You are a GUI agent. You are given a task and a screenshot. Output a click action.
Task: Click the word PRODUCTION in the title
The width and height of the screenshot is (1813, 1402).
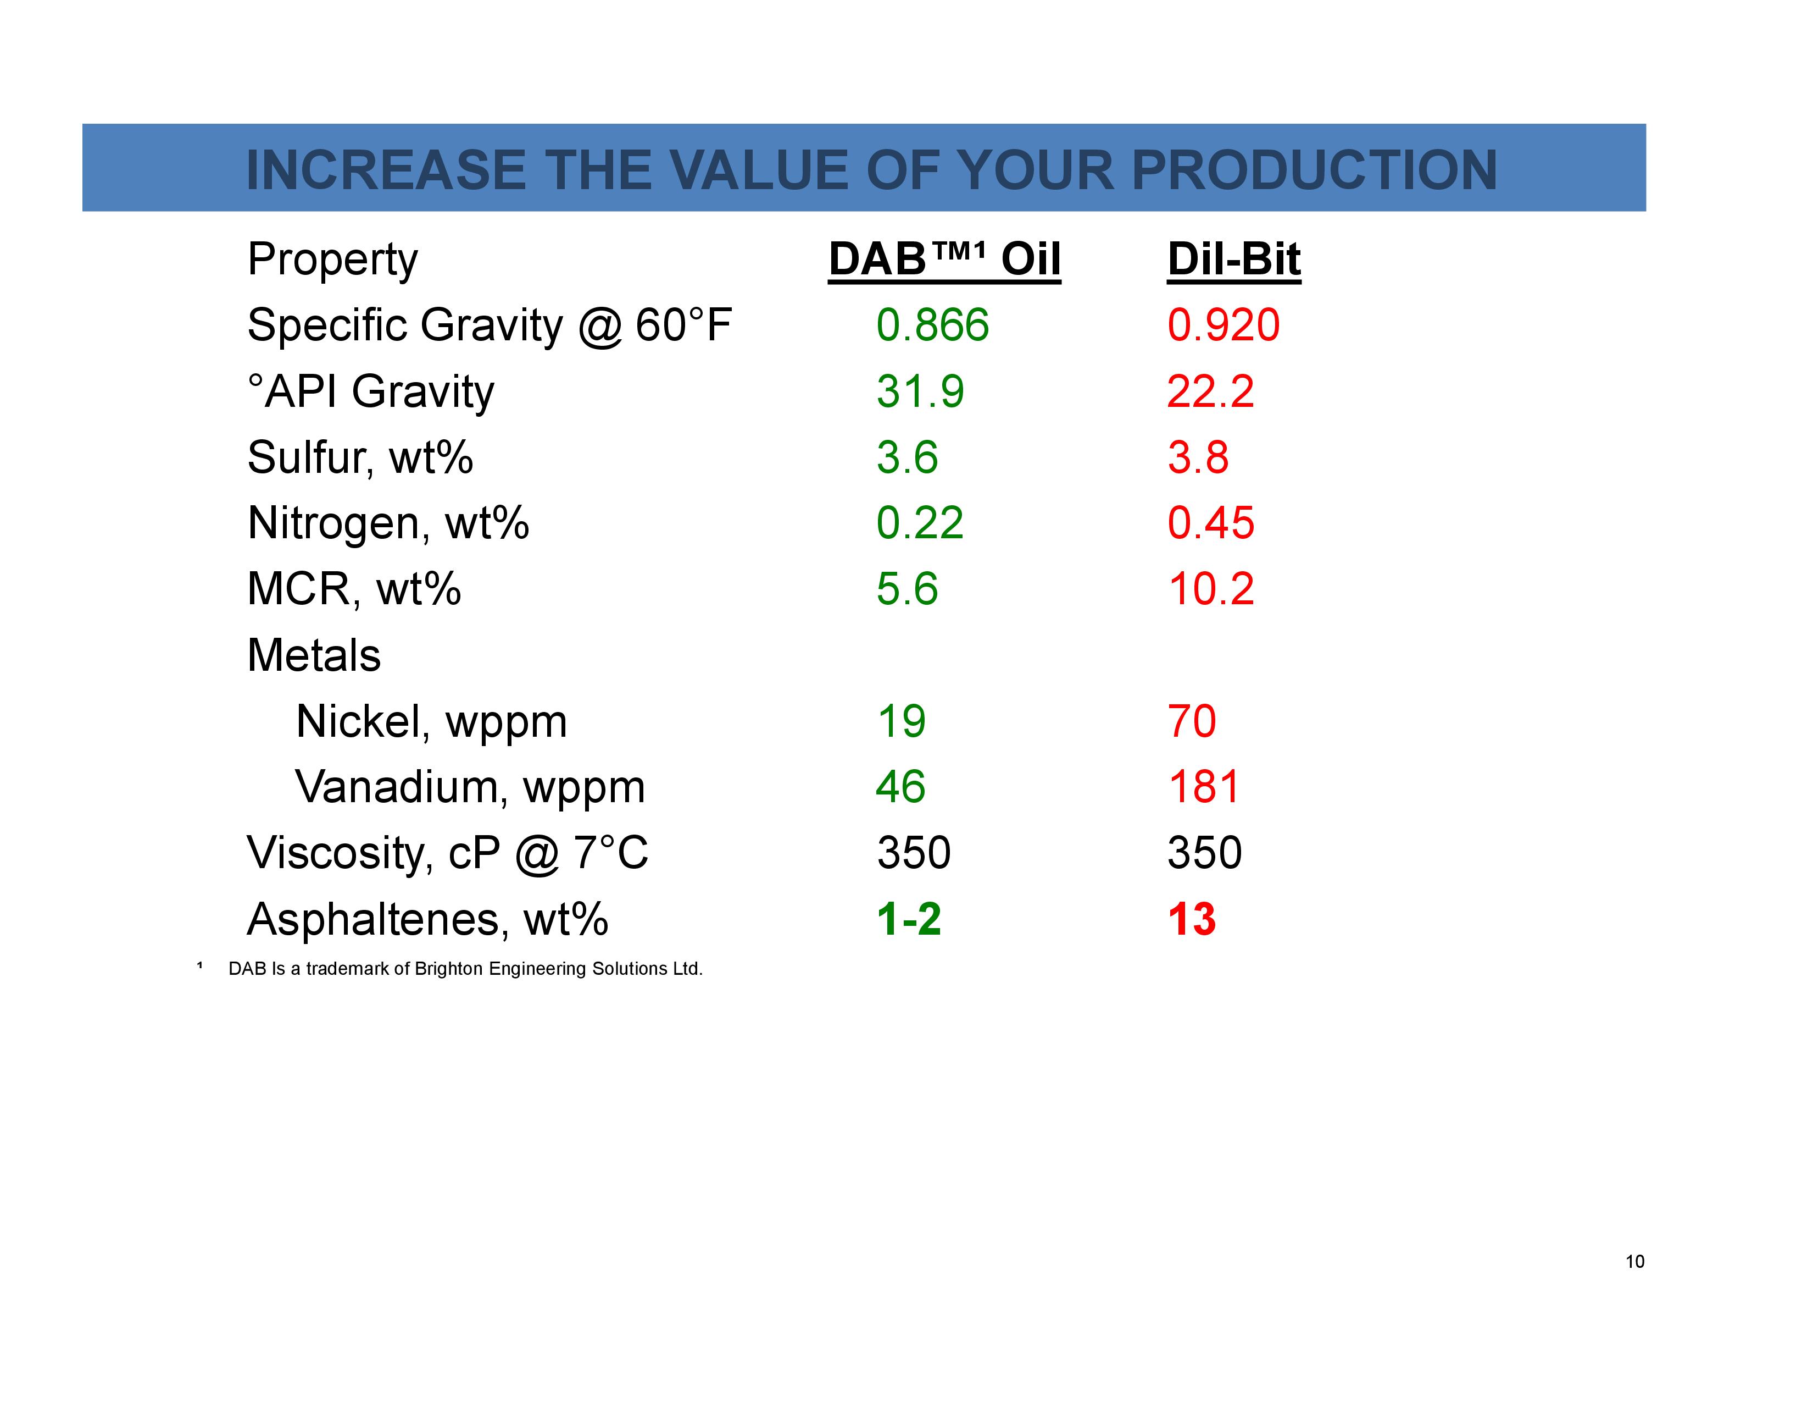1314,170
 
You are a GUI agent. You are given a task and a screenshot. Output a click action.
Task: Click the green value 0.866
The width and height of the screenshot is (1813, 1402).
932,325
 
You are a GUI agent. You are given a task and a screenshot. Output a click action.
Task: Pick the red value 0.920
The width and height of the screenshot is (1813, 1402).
1224,325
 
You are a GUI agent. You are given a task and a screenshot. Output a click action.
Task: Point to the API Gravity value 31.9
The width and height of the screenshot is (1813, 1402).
920,391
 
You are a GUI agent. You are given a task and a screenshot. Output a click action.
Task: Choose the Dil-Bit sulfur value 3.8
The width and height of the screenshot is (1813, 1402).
1198,457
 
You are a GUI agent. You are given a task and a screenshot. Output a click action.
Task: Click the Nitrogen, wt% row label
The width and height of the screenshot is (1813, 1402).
388,523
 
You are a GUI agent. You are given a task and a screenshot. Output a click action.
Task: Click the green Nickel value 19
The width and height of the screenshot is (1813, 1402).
900,721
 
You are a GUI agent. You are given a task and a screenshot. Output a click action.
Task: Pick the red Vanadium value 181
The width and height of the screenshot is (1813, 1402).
1204,787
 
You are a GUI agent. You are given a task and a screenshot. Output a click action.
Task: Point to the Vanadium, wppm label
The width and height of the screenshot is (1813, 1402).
470,787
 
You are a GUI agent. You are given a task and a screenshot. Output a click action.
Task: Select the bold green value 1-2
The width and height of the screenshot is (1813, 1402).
909,919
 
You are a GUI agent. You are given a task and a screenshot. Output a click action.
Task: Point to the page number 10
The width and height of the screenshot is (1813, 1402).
1634,1262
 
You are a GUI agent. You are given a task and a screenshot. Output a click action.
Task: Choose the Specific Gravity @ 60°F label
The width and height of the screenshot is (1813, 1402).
489,325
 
